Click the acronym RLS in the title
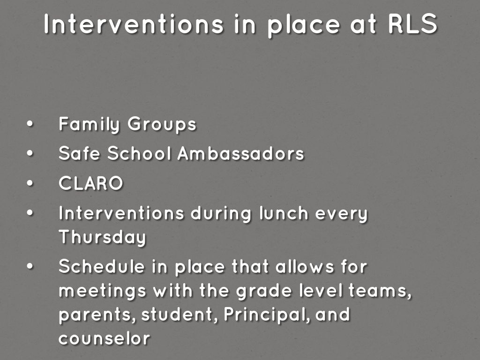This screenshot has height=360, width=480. [x=412, y=23]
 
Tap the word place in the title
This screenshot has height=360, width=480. [x=303, y=26]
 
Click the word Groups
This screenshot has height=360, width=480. [x=162, y=124]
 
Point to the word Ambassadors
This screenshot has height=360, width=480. [x=241, y=153]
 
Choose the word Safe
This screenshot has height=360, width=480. [x=79, y=153]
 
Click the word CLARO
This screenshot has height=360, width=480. [x=90, y=183]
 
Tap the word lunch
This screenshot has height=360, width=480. [x=284, y=213]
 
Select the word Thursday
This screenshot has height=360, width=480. [x=102, y=237]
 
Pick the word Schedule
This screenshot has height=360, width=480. [x=102, y=266]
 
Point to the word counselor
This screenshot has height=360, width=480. [x=105, y=338]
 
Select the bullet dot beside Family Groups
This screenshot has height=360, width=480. [x=30, y=124]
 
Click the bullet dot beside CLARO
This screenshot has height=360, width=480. [x=30, y=183]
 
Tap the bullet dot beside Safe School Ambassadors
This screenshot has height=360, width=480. [x=30, y=153]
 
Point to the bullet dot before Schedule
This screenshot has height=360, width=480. [x=30, y=266]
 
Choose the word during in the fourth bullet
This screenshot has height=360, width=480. [x=221, y=214]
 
